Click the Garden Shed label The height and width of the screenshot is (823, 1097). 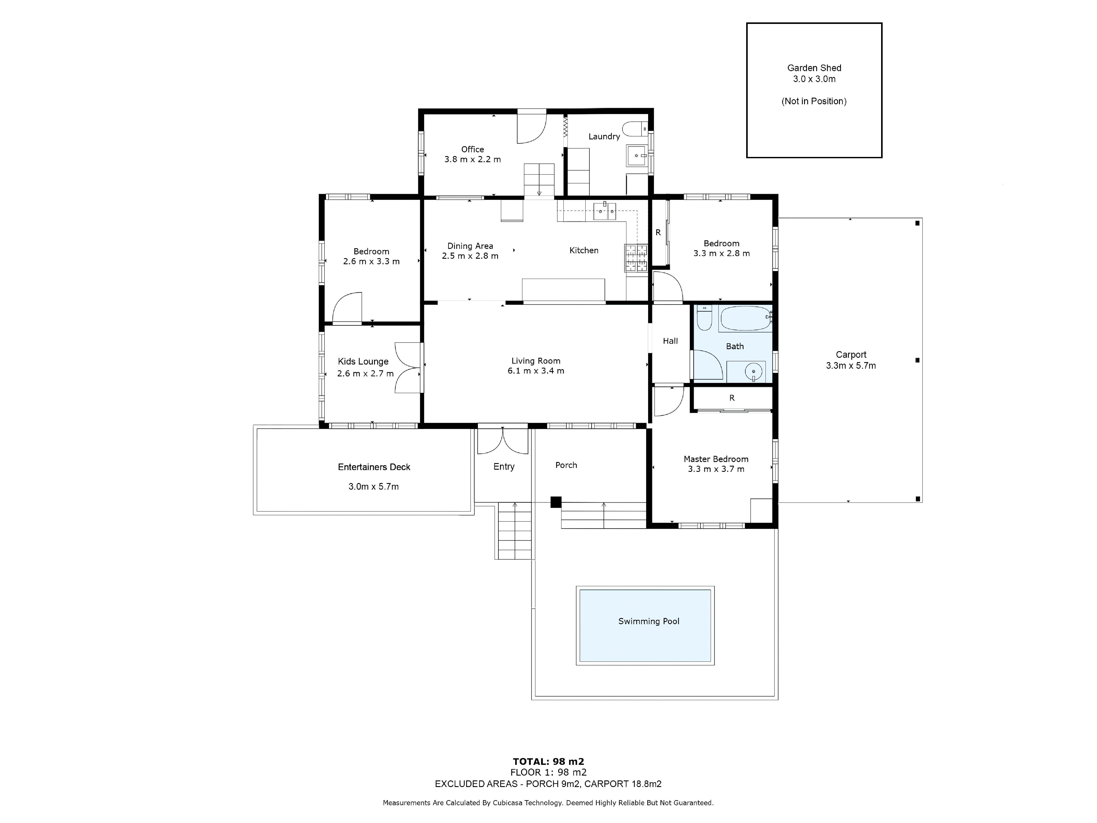[814, 68]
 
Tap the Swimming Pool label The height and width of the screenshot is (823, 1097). [649, 621]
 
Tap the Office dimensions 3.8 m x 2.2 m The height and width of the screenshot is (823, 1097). [473, 159]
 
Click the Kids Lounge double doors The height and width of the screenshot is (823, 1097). [408, 368]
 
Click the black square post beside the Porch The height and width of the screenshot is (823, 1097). [556, 502]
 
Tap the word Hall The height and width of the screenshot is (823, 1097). [670, 341]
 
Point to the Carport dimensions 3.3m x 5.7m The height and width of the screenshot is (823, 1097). [851, 366]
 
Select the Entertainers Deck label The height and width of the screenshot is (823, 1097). [374, 467]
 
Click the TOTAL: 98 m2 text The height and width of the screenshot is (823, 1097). [548, 762]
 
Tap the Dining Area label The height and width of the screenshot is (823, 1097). [470, 246]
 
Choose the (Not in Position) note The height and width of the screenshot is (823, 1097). [814, 101]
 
